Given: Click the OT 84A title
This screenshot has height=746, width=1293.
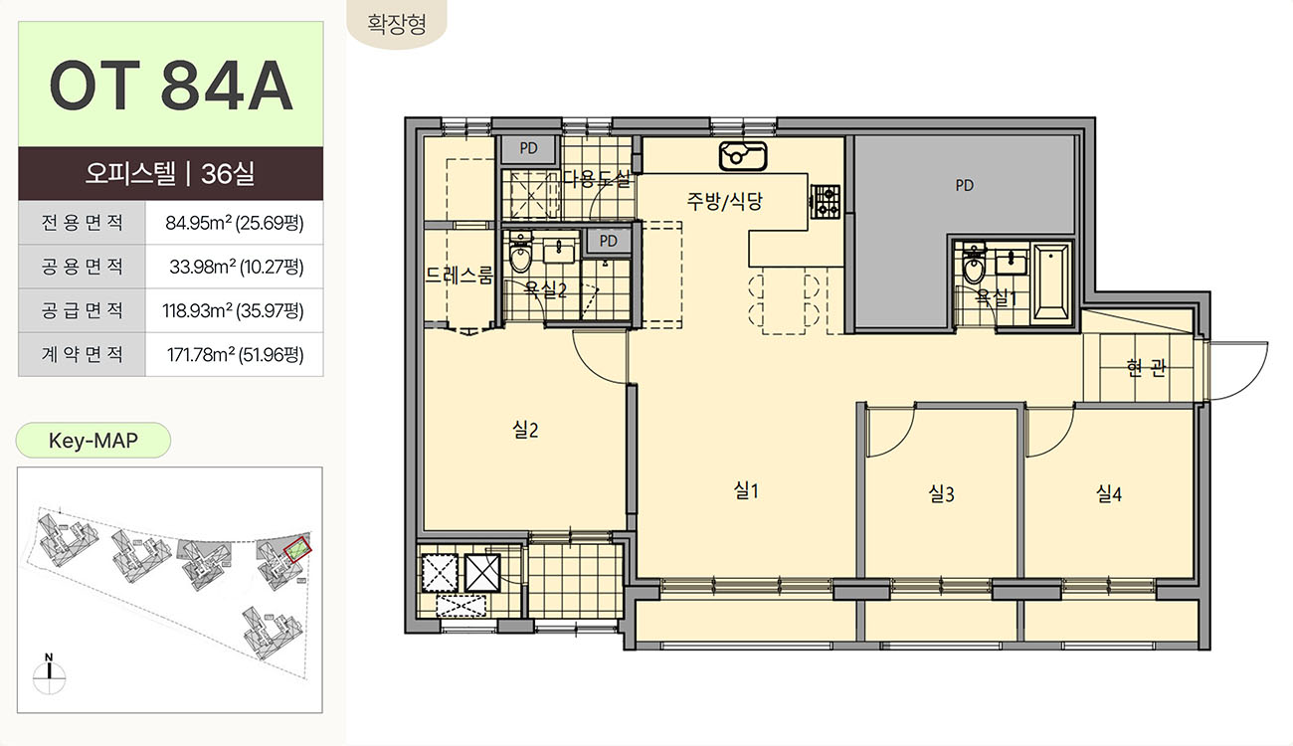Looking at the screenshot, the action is click(x=171, y=86).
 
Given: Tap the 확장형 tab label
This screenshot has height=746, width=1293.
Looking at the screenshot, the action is click(x=397, y=24).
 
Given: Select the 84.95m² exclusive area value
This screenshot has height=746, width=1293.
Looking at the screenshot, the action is click(x=235, y=222).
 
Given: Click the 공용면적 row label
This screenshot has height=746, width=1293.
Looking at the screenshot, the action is click(x=82, y=267).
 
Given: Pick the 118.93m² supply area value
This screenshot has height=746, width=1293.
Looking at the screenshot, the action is click(x=233, y=310).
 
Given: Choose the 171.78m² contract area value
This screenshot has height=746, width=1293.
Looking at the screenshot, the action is click(x=235, y=354).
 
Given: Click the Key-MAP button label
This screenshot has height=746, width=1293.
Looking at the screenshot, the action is click(x=92, y=441).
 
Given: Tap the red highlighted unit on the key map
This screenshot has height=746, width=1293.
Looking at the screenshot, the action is click(x=297, y=549).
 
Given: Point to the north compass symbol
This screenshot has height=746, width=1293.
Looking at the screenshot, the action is click(x=49, y=674).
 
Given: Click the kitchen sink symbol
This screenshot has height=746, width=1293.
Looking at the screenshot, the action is click(x=743, y=156).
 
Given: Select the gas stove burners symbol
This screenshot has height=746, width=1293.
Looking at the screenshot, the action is click(x=825, y=202).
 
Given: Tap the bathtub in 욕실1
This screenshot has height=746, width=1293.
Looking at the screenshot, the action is click(x=1051, y=282).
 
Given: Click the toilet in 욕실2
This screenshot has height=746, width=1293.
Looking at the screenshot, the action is click(x=520, y=253).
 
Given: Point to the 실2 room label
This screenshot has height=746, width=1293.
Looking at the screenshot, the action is click(x=525, y=429).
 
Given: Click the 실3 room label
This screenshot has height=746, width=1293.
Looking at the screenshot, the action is click(x=941, y=493).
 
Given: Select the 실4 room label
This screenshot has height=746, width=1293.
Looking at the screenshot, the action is click(x=1108, y=493).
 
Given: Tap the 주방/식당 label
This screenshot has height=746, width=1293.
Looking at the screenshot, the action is click(x=724, y=200).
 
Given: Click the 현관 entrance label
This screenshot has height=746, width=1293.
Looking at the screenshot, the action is click(x=1146, y=367).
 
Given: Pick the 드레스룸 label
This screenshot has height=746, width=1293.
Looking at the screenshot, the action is click(x=460, y=275).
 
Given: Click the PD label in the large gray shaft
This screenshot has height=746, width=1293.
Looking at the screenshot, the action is click(x=964, y=185).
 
